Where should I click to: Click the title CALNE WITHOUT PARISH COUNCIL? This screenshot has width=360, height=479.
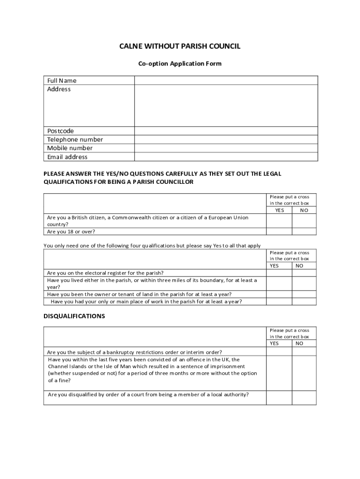pos(180,46)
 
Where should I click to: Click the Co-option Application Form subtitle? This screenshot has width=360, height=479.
pos(180,64)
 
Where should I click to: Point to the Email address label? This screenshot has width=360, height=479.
pos(67,157)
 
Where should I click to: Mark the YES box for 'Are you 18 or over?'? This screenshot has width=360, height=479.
pos(279,232)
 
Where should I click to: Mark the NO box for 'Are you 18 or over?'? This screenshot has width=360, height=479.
pos(304,232)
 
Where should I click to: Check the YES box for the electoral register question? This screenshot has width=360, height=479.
pos(279,273)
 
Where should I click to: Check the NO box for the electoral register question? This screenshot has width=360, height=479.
pos(304,273)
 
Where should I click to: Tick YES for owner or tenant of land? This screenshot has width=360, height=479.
pos(279,294)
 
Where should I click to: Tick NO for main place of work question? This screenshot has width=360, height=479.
pos(304,302)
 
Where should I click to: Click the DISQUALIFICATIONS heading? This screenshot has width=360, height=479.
pos(74,316)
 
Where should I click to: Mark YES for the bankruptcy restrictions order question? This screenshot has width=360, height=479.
pos(279,352)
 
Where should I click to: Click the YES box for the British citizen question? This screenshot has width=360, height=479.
pos(279,221)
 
